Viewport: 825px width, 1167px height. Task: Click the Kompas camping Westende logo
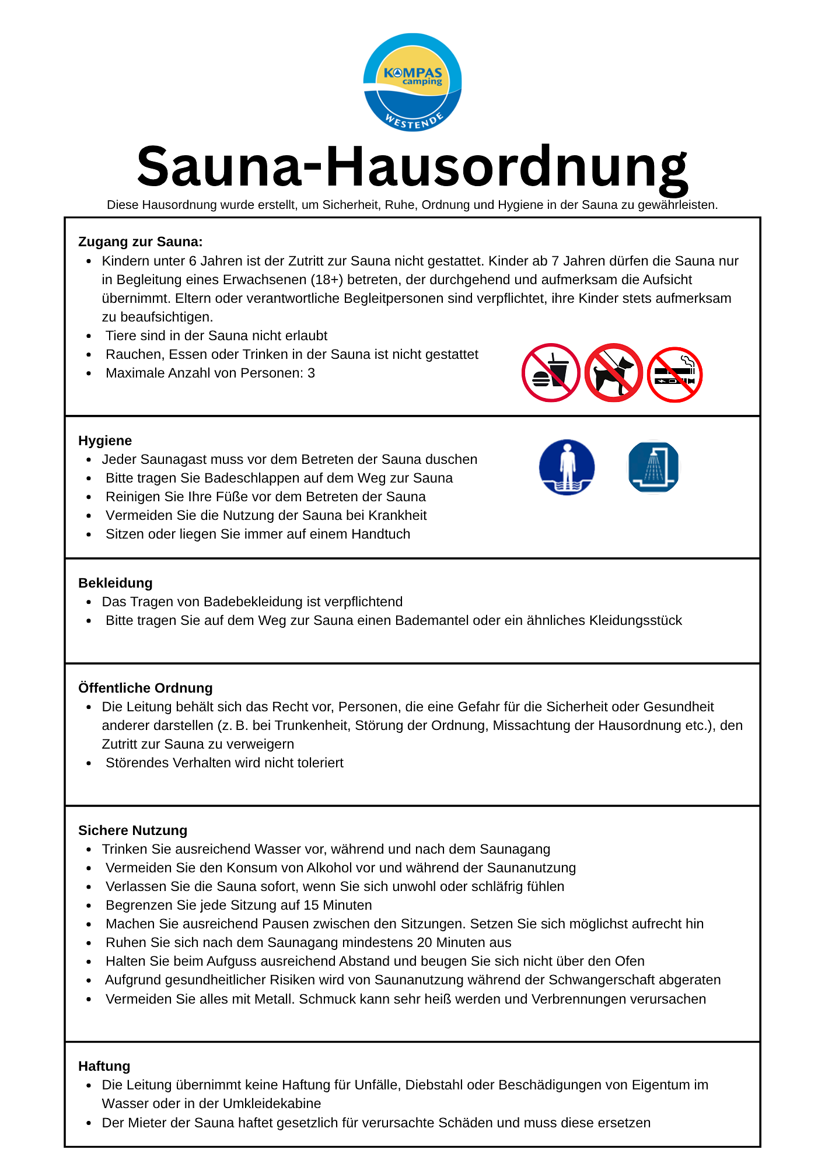[412, 82]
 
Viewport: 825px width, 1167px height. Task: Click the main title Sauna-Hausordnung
[412, 167]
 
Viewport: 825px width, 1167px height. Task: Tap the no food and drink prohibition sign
[550, 373]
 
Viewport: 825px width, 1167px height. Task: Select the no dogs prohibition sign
[613, 373]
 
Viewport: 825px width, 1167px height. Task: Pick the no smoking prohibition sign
[675, 375]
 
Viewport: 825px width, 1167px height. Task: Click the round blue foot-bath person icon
[567, 467]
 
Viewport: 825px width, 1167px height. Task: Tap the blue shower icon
[653, 467]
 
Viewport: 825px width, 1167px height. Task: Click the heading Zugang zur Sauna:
[140, 242]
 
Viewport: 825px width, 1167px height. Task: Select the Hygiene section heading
[105, 441]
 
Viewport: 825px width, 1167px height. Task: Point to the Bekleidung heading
[115, 583]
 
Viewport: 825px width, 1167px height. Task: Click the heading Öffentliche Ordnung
[145, 688]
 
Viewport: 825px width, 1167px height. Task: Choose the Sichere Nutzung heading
[132, 830]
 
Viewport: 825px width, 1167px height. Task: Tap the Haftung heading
[104, 1066]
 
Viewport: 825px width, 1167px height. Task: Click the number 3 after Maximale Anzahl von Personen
[311, 373]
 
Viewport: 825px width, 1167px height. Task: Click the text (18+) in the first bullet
[328, 279]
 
